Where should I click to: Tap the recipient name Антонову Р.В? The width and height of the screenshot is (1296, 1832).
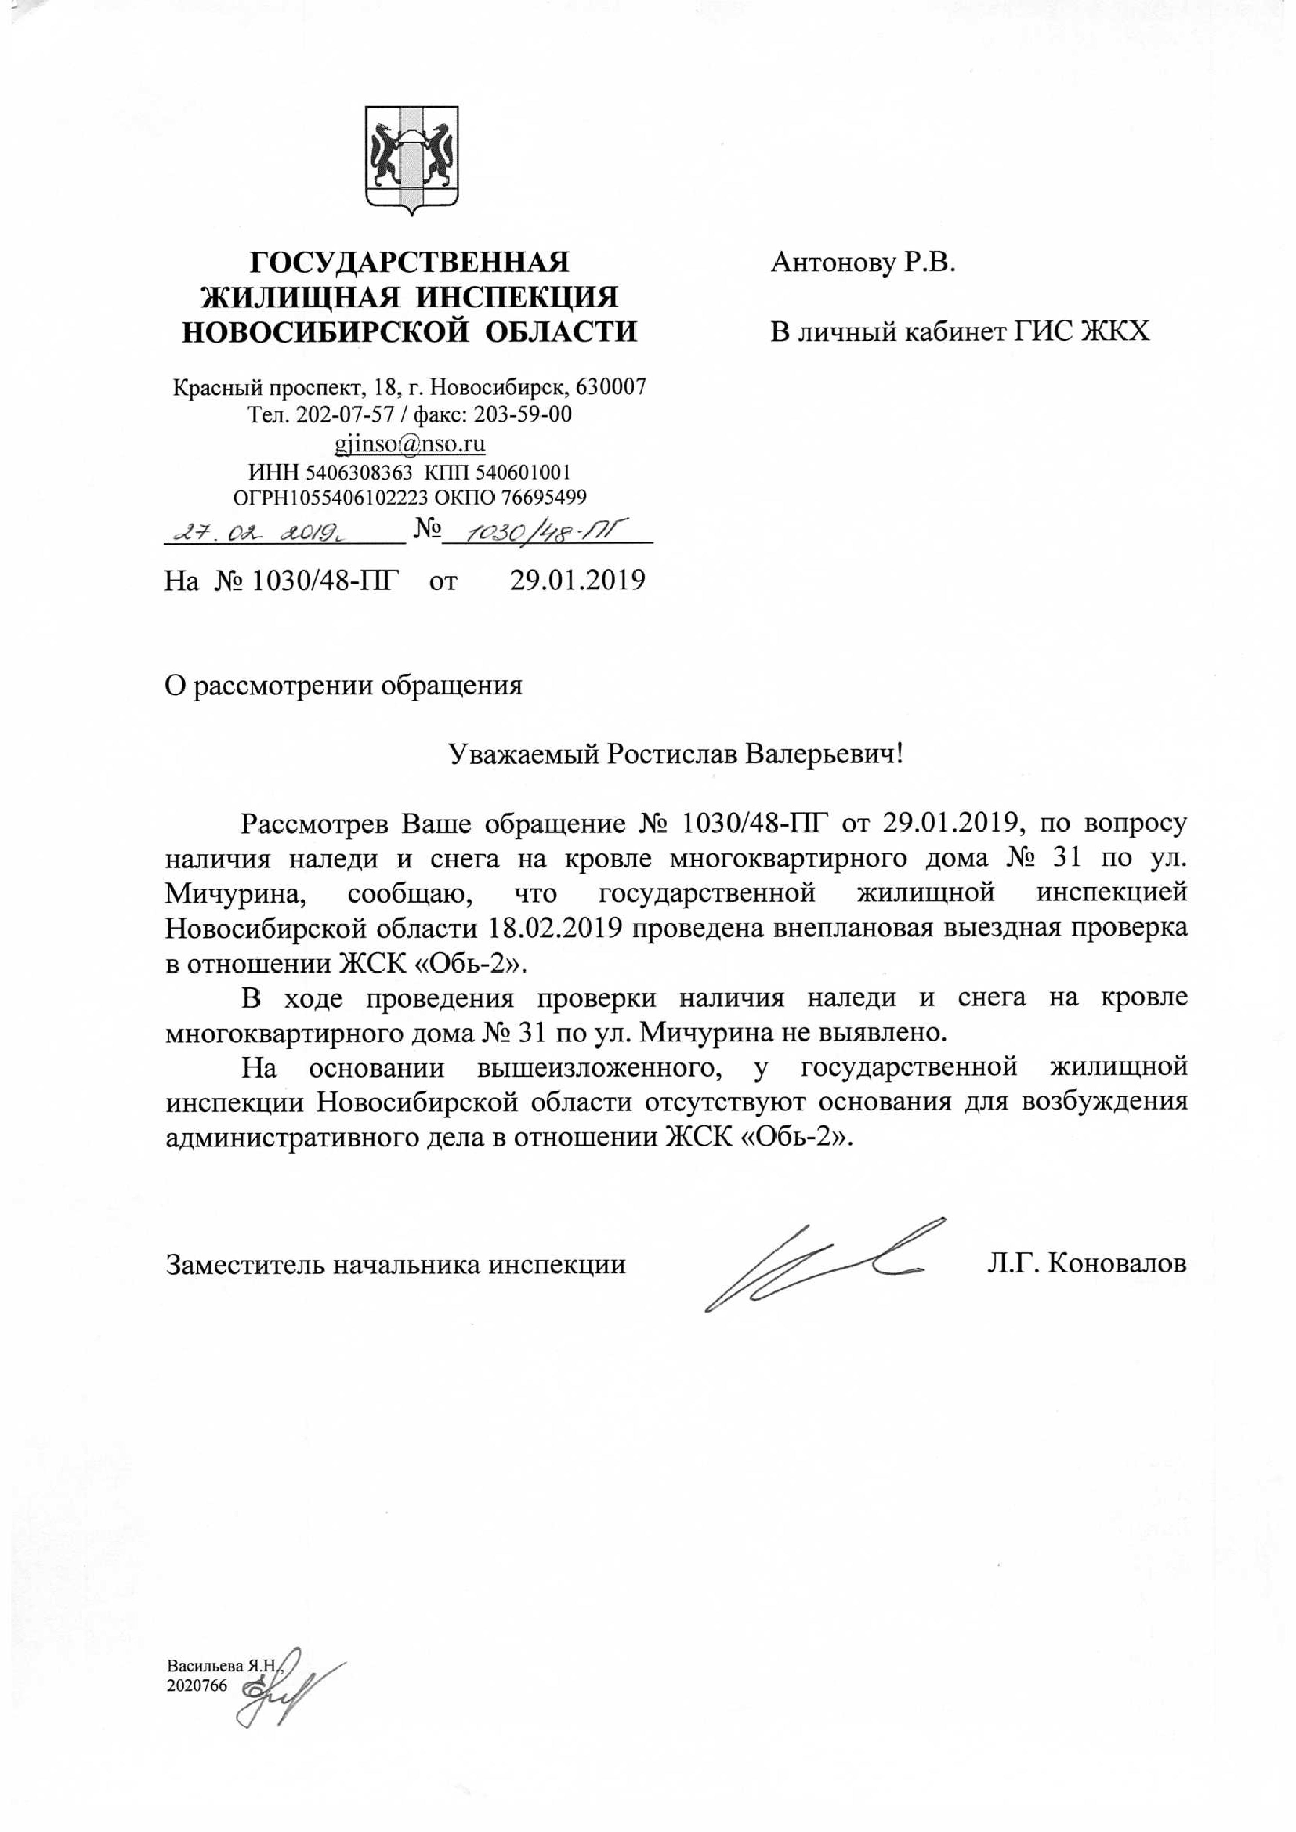(x=863, y=263)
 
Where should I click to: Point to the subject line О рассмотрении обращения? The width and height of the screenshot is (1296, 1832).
(x=343, y=685)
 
